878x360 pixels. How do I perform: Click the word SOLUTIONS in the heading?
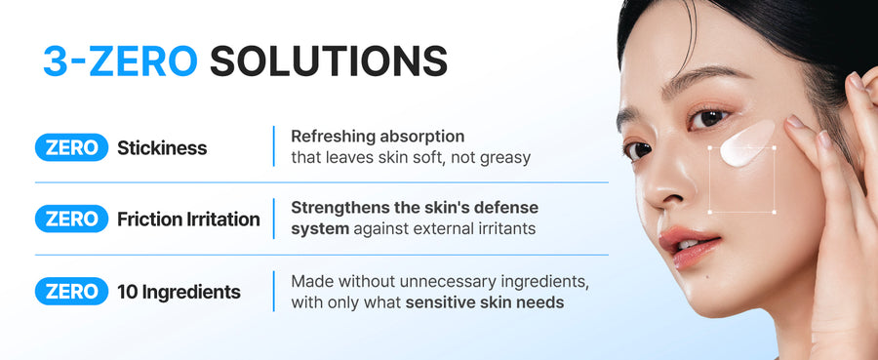(x=328, y=60)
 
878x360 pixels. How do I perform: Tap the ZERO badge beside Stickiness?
(x=71, y=148)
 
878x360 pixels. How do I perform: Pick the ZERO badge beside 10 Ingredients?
(x=71, y=291)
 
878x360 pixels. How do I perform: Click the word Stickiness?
(x=162, y=148)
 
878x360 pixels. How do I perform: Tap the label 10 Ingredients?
(x=179, y=291)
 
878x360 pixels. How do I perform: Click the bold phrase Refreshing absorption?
(x=378, y=137)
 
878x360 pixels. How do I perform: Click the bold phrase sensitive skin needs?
(x=485, y=302)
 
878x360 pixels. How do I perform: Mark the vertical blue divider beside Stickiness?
(x=273, y=146)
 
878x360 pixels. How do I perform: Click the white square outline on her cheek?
(x=741, y=180)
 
